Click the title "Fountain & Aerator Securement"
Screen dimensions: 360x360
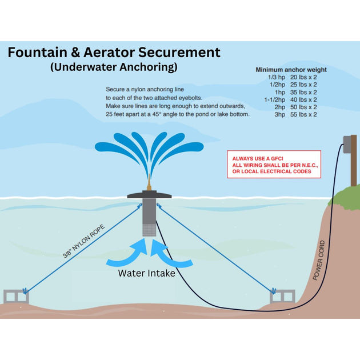114,53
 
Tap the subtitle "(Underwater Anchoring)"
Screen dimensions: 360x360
114,67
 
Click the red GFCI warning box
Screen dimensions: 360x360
274,165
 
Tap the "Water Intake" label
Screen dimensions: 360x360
146,273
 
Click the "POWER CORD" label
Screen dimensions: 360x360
319,261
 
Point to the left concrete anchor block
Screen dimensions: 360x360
16,297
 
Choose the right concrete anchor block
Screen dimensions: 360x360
282,297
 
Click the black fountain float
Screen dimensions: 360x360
150,195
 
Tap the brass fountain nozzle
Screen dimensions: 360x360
150,185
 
